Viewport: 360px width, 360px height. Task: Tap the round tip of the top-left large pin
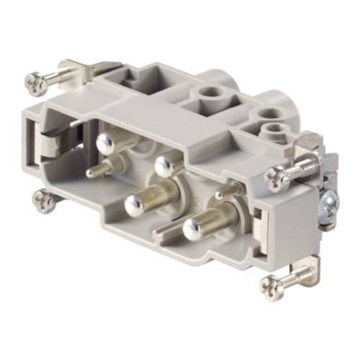coord(107,145)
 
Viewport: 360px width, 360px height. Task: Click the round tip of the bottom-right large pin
coord(192,230)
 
